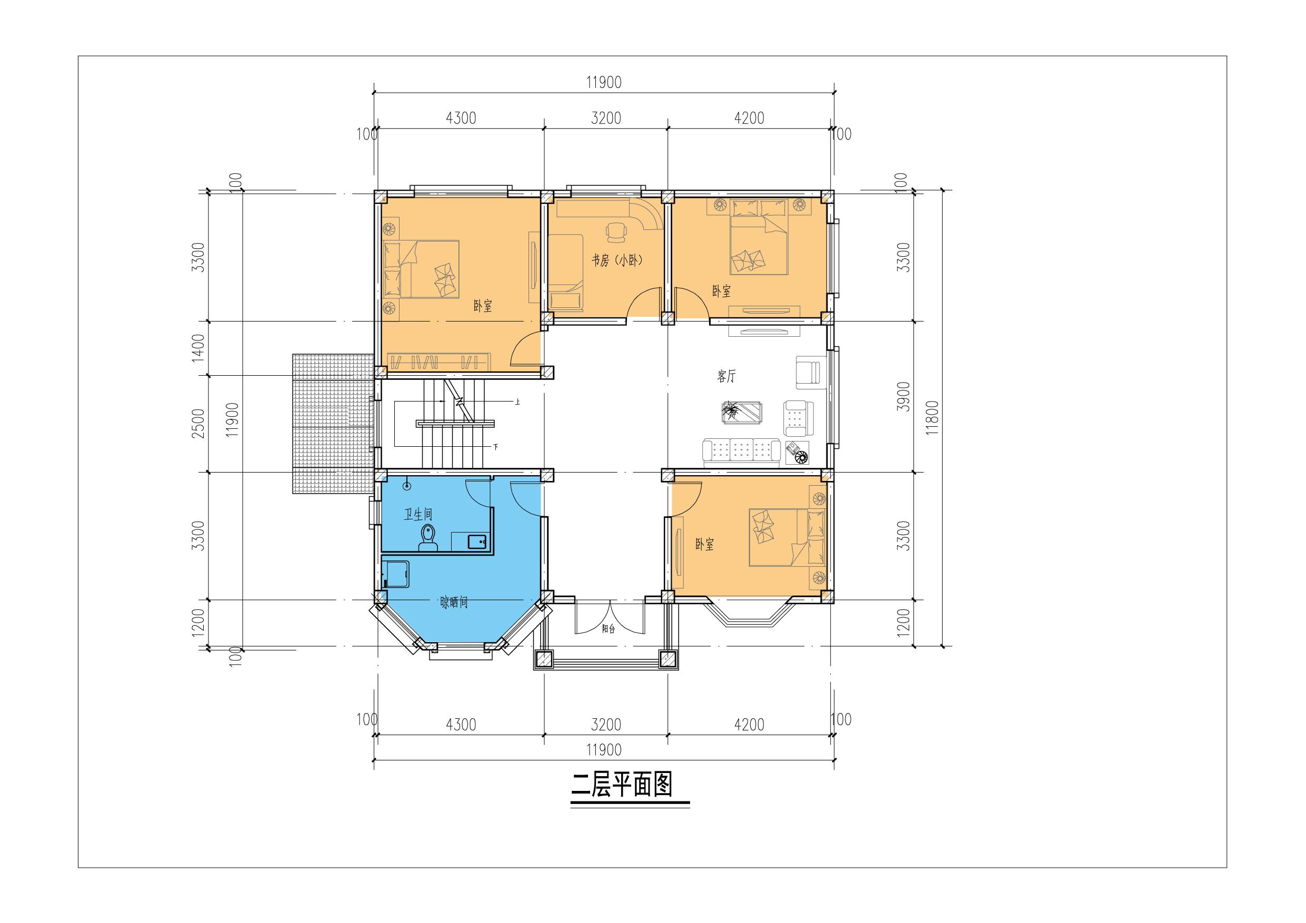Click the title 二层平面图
click(x=622, y=785)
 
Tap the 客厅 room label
click(x=726, y=376)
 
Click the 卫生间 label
click(x=418, y=515)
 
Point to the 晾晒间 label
click(x=454, y=602)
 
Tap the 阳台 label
click(x=609, y=629)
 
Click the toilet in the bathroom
click(x=428, y=538)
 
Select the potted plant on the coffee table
click(x=730, y=410)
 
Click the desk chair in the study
click(x=615, y=231)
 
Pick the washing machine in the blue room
click(x=396, y=575)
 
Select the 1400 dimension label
click(x=198, y=348)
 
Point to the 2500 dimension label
click(x=198, y=424)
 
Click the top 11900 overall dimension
click(x=604, y=83)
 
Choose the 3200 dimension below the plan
click(x=606, y=725)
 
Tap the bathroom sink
click(x=478, y=541)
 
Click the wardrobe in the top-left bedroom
click(x=440, y=361)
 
